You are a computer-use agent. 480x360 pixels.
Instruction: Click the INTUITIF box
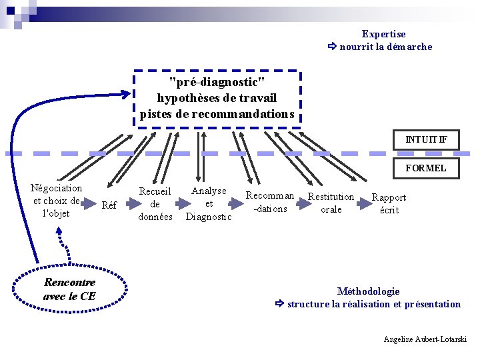(x=426, y=140)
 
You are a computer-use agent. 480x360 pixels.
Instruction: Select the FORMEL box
(x=426, y=168)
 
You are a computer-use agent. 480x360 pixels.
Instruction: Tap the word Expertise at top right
(x=383, y=34)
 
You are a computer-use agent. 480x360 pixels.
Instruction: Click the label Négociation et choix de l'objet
(x=57, y=201)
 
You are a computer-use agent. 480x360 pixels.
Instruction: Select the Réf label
(x=109, y=205)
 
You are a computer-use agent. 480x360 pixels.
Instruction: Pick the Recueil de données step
(x=155, y=204)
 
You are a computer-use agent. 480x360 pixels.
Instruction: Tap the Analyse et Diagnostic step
(x=209, y=203)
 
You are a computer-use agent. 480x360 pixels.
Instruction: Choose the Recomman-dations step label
(x=270, y=202)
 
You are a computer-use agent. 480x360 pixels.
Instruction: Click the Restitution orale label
(x=331, y=203)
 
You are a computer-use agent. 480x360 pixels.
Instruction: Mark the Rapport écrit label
(x=389, y=203)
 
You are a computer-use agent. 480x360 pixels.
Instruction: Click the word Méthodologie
(x=368, y=291)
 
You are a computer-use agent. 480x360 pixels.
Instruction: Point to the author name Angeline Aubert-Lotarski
(x=425, y=339)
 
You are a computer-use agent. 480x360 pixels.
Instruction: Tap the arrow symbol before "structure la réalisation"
(x=279, y=304)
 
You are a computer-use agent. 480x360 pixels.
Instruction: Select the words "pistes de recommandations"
(x=217, y=114)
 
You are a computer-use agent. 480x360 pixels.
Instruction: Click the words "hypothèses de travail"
(x=217, y=98)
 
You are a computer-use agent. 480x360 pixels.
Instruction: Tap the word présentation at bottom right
(x=433, y=304)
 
